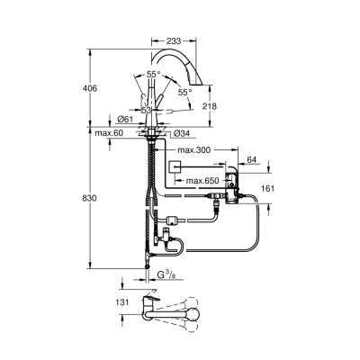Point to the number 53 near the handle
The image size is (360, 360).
(x=145, y=109)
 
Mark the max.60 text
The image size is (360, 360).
(x=108, y=132)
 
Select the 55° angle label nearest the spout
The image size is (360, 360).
(x=184, y=92)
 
